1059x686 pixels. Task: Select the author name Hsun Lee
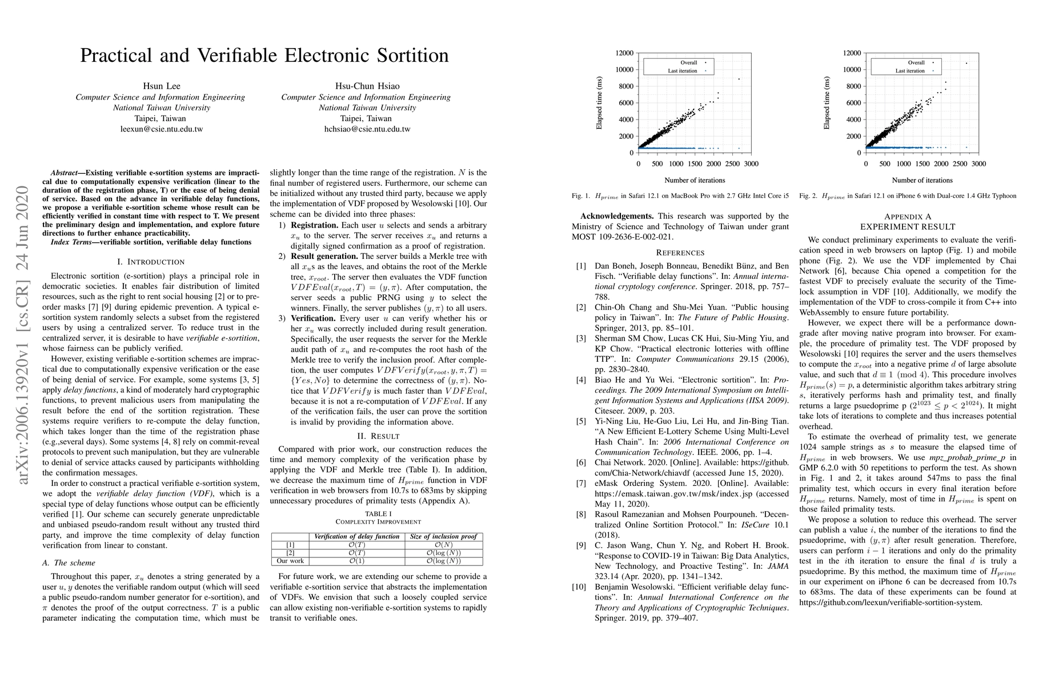tap(162, 86)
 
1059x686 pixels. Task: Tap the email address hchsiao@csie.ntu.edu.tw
tap(367, 129)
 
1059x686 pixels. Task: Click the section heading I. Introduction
tap(151, 262)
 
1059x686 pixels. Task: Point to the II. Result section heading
tap(378, 436)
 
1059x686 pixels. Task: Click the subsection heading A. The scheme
tap(69, 563)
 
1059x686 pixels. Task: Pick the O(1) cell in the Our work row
tap(356, 561)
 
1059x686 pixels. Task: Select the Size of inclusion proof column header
tap(443, 537)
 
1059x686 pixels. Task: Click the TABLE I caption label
tap(379, 513)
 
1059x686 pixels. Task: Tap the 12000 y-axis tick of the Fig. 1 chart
tap(624, 53)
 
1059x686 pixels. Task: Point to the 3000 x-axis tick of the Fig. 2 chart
tap(978, 164)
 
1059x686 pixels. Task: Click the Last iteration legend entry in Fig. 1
tap(683, 71)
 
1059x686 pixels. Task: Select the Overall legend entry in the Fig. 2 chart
tap(916, 63)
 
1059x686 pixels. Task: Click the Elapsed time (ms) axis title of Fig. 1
tap(600, 103)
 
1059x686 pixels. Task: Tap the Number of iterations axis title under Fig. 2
tap(922, 180)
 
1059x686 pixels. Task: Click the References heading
tap(680, 253)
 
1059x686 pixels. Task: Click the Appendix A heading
tap(908, 217)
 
